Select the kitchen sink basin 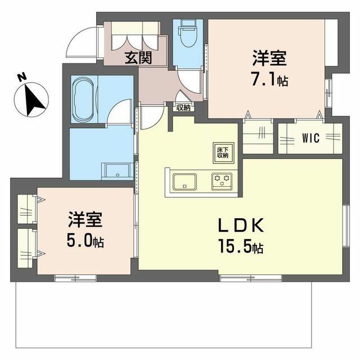(x=184, y=182)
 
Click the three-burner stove (x=222, y=181)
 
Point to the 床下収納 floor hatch (x=223, y=153)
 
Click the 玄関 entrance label (x=138, y=57)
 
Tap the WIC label (x=310, y=138)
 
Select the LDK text (x=241, y=225)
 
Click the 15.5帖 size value (x=241, y=246)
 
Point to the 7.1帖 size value (x=270, y=80)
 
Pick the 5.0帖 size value (x=85, y=241)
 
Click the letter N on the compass (x=22, y=77)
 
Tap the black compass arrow (x=34, y=100)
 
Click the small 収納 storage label (x=183, y=107)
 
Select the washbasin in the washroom (x=118, y=170)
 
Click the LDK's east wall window (x=346, y=226)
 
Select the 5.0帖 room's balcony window (x=75, y=278)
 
